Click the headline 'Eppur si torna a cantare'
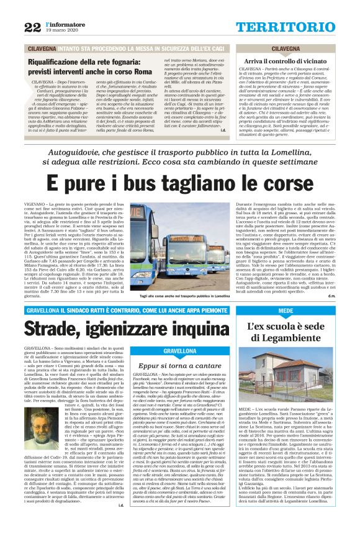tap(171, 366)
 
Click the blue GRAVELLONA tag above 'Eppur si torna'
tap(171, 351)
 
